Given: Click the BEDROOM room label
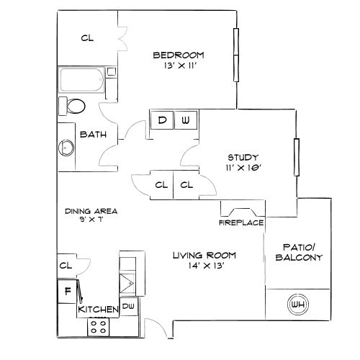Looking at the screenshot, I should (x=178, y=55).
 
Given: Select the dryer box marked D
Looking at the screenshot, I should (x=162, y=120).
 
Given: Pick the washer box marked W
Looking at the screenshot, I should (x=185, y=120).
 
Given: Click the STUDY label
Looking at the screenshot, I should (x=243, y=158).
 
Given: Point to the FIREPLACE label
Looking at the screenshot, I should (x=241, y=223).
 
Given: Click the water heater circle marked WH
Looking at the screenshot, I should (x=297, y=304).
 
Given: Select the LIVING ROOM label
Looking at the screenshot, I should (x=204, y=256).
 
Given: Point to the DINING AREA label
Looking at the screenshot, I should (x=91, y=211).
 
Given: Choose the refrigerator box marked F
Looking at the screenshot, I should (x=67, y=292).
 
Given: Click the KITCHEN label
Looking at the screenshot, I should (x=98, y=309).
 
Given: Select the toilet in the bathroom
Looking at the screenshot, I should (x=73, y=107).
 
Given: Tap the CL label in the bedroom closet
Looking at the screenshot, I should (x=87, y=37).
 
